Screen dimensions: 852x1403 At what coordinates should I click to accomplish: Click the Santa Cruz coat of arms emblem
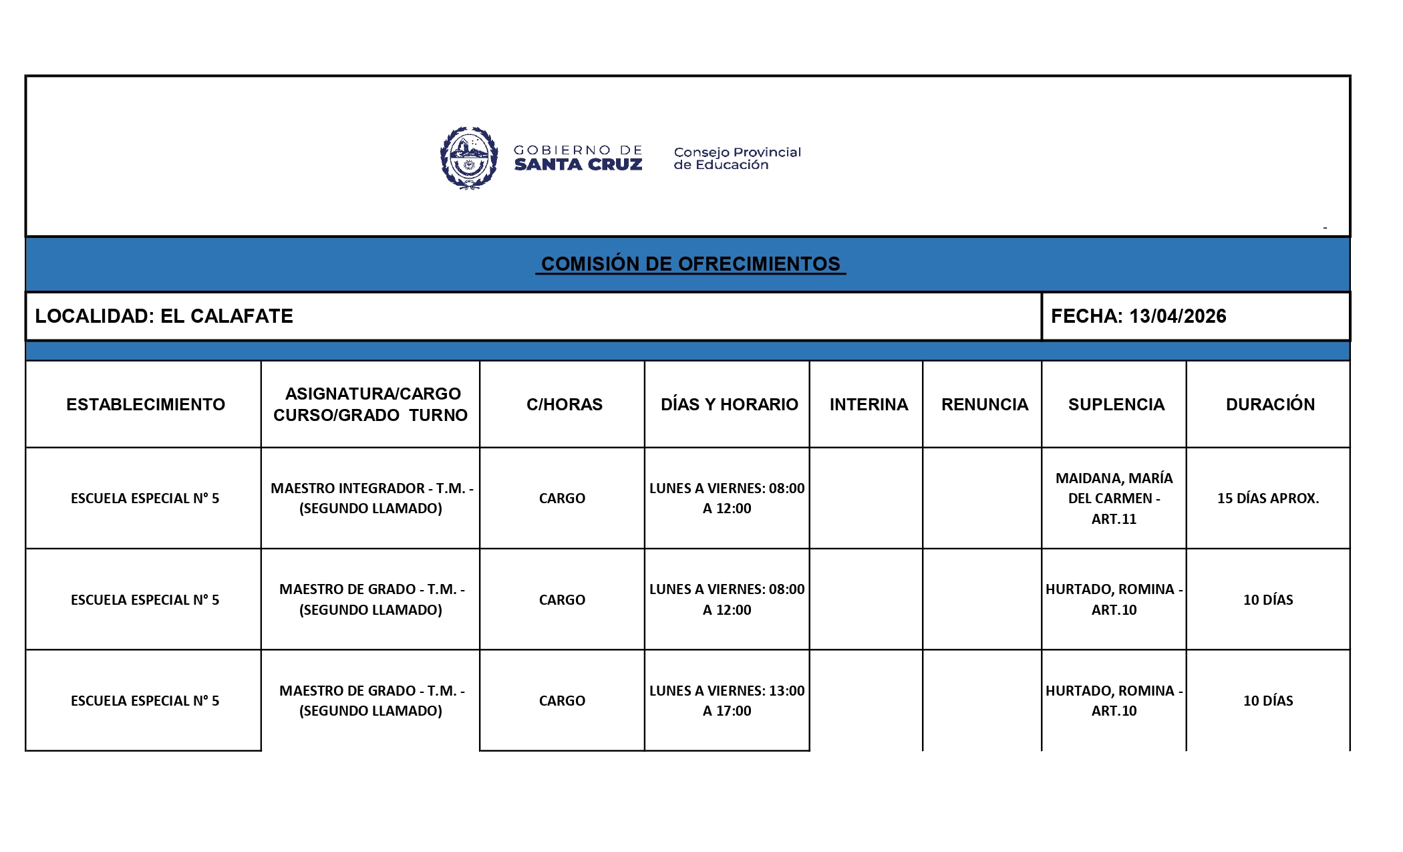tap(469, 158)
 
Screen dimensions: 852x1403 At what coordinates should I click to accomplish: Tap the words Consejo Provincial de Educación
tap(737, 158)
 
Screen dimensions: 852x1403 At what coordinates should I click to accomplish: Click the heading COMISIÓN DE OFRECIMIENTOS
tap(690, 264)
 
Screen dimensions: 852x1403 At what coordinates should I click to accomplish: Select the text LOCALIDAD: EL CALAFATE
tap(164, 316)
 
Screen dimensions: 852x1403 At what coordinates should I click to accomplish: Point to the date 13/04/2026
tap(1177, 316)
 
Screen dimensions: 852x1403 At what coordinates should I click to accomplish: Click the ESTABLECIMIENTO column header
tap(146, 404)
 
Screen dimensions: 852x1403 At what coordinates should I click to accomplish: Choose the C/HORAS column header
tap(564, 404)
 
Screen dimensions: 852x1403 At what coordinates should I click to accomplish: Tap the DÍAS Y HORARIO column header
tap(729, 404)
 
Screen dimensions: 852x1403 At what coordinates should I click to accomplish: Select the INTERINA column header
tap(869, 404)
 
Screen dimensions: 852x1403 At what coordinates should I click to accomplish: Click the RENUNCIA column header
tap(984, 404)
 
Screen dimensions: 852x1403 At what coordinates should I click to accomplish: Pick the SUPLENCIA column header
tap(1116, 404)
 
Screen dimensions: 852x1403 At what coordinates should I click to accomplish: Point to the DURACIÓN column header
tap(1269, 404)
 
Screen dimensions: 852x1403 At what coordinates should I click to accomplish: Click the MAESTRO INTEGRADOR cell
tap(371, 498)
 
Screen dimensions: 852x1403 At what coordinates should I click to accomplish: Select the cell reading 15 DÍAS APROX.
tap(1267, 499)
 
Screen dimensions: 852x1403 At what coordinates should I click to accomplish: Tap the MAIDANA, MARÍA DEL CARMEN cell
tap(1114, 499)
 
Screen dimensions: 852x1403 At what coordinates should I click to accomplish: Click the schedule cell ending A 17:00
tap(727, 700)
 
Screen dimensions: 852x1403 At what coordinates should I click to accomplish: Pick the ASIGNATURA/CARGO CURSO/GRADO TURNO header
tap(371, 404)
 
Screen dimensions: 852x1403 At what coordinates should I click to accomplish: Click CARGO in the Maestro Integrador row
tap(562, 499)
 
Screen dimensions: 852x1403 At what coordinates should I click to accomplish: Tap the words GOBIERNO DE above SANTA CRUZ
tap(578, 150)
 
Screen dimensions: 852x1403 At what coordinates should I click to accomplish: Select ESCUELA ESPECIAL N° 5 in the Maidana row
tap(145, 499)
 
